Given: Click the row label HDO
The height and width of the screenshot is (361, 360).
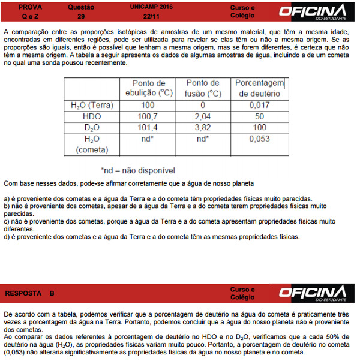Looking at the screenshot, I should [x=91, y=116].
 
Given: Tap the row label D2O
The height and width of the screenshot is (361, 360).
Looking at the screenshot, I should [x=91, y=128].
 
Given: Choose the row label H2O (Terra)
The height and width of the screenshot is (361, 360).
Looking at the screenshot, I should [x=91, y=105].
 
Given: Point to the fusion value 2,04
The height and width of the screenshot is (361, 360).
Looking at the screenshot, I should [x=202, y=116].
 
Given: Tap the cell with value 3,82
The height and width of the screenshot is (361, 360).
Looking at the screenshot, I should [x=202, y=128].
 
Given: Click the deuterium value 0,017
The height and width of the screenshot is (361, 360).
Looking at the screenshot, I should [x=260, y=105].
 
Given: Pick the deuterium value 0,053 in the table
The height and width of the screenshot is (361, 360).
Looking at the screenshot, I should [x=260, y=139].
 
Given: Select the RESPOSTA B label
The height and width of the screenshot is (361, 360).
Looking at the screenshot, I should [x=30, y=293].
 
